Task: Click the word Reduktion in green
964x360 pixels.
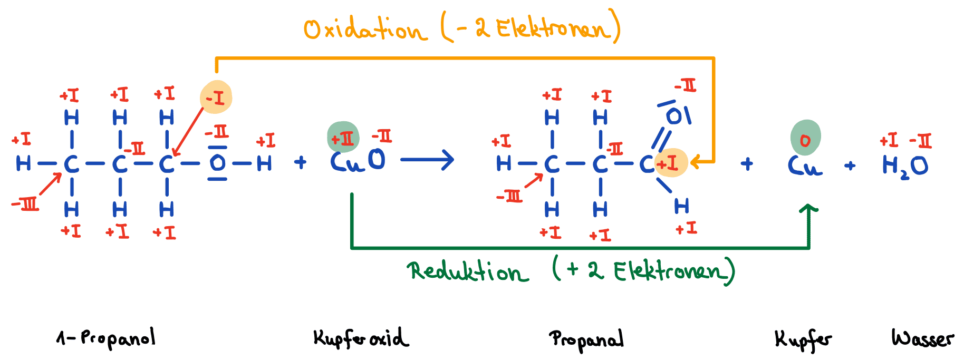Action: (x=467, y=271)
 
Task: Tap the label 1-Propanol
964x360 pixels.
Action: (x=106, y=338)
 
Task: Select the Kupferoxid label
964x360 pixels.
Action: (x=361, y=338)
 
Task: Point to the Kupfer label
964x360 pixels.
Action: (x=803, y=340)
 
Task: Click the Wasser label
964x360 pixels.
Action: (x=923, y=338)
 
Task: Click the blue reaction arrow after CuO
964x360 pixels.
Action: (x=427, y=160)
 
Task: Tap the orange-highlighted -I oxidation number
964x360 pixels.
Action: (x=216, y=98)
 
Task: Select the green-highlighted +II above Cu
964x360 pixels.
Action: (x=343, y=138)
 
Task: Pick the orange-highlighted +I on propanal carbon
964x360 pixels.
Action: (x=671, y=163)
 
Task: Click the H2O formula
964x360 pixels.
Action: (x=905, y=166)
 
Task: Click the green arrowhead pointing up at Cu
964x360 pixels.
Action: (x=808, y=209)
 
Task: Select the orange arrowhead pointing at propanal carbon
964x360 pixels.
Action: (x=696, y=162)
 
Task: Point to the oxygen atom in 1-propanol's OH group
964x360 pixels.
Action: (x=217, y=163)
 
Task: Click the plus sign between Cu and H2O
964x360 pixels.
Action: (x=850, y=166)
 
